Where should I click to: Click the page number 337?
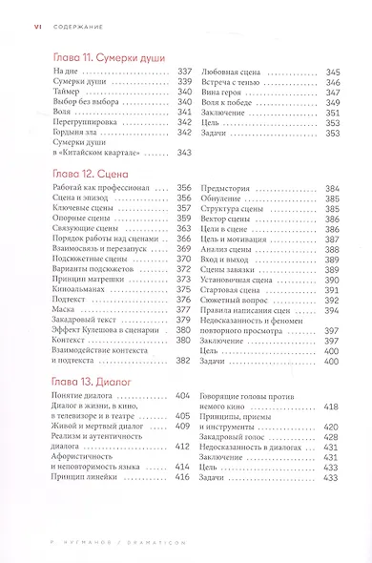click(x=184, y=73)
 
